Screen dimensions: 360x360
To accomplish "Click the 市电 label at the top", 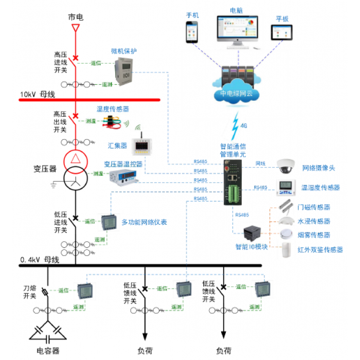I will tap(76, 17).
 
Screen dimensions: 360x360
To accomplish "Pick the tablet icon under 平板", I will tap(282, 33).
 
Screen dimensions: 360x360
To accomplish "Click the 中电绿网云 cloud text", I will tap(237, 94).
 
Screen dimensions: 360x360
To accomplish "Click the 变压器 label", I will tap(45, 169).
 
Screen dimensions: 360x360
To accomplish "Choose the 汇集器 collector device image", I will tap(141, 146).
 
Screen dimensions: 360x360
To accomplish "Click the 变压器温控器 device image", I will tap(123, 177).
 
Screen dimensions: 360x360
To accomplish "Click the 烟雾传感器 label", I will tap(314, 235).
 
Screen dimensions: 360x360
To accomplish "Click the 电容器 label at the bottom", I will tap(48, 351).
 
